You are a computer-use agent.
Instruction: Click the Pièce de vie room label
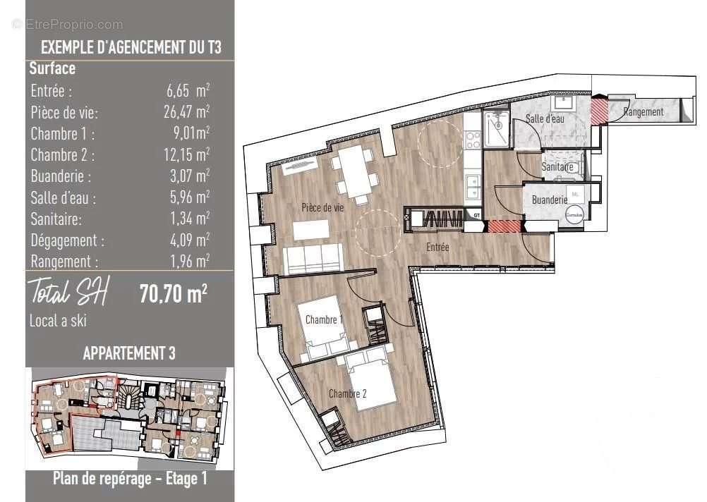pos(322,207)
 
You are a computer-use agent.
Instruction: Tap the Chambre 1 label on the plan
pos(324,320)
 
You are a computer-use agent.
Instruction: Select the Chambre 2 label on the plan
pos(347,394)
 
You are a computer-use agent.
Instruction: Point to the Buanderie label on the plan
pos(550,200)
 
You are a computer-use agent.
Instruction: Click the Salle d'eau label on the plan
pos(545,119)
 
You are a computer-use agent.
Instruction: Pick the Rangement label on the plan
pos(643,112)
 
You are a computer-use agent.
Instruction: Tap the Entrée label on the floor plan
pos(437,247)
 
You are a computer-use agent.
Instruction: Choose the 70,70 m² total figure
pos(174,293)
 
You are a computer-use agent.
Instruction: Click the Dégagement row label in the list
pos(68,240)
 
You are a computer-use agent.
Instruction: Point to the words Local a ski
pos(57,320)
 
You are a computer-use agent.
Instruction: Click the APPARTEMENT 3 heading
pos(129,353)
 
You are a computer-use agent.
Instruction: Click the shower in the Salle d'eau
pos(497,130)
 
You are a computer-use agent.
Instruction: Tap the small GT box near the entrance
pos(477,214)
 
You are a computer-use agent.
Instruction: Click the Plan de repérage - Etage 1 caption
pos(130,479)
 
